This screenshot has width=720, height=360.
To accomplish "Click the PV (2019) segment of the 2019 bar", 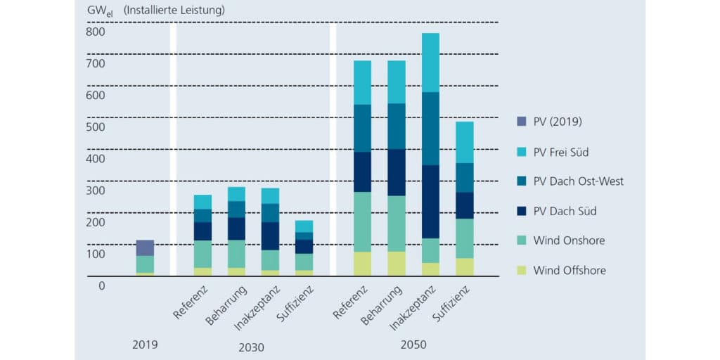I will point(145,247).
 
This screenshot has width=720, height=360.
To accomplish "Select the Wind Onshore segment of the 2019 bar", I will point(145,264).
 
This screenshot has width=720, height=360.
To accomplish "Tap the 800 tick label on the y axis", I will point(96,32).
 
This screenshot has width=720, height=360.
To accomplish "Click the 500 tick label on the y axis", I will point(96,127).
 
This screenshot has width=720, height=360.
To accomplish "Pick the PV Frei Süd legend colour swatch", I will point(521,151).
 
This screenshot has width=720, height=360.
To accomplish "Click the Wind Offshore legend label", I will point(569,270).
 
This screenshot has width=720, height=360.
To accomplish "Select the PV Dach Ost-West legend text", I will point(578,181).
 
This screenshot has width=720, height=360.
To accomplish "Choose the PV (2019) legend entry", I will point(557,121).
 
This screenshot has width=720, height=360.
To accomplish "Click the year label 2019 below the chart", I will point(145,345).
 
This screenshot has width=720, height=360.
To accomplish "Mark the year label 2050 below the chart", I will point(413,345).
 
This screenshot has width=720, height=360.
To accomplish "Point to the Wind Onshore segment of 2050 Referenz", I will point(362,221).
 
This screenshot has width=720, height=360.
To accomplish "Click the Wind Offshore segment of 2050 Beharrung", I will point(397,263).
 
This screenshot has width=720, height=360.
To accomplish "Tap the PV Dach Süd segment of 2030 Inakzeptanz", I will point(270,236).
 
